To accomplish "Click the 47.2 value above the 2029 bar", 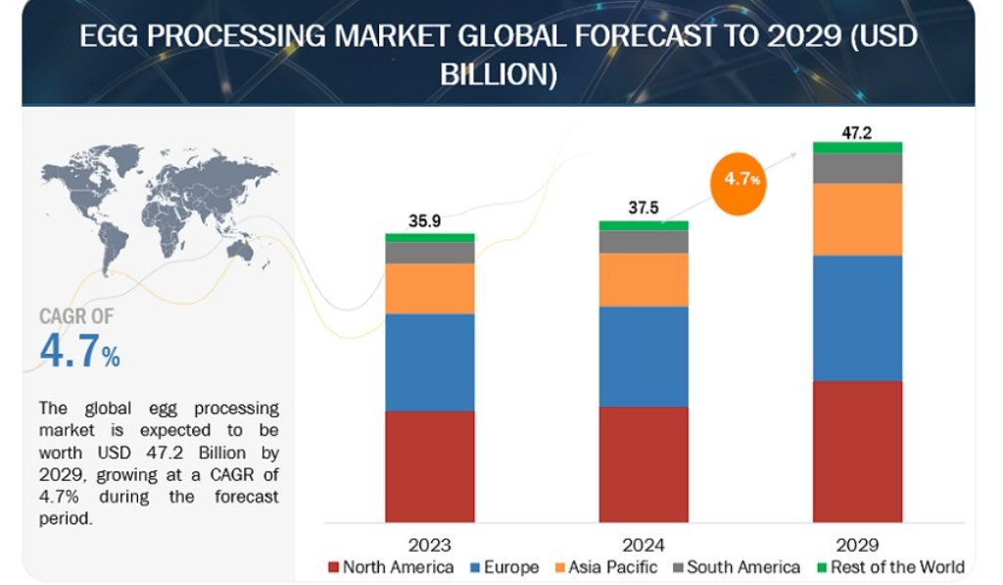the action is [856, 132].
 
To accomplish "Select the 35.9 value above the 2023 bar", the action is [425, 220].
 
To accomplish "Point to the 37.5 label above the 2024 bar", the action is [644, 208].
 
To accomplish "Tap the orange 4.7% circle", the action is [739, 183].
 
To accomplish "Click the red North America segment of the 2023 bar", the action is [430, 466].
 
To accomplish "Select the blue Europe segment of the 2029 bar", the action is [857, 318].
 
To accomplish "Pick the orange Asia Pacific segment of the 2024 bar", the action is [644, 279].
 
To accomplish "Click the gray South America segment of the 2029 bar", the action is [857, 169].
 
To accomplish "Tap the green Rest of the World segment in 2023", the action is [430, 238].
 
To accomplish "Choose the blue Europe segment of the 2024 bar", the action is [644, 357].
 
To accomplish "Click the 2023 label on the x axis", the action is [430, 546].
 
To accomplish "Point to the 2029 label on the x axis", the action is [857, 546].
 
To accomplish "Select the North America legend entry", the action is [391, 567].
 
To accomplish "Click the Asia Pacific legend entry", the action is [605, 567].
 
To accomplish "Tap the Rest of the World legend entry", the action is [891, 567].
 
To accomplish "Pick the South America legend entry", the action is [737, 567].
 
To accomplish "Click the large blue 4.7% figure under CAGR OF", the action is [80, 351].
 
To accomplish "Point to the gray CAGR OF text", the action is [76, 317].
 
